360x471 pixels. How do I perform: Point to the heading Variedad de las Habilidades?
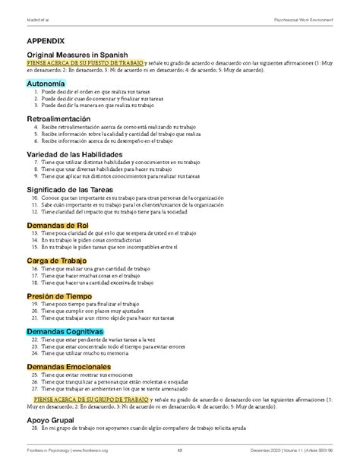[80, 155]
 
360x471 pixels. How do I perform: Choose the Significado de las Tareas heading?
[77, 188]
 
